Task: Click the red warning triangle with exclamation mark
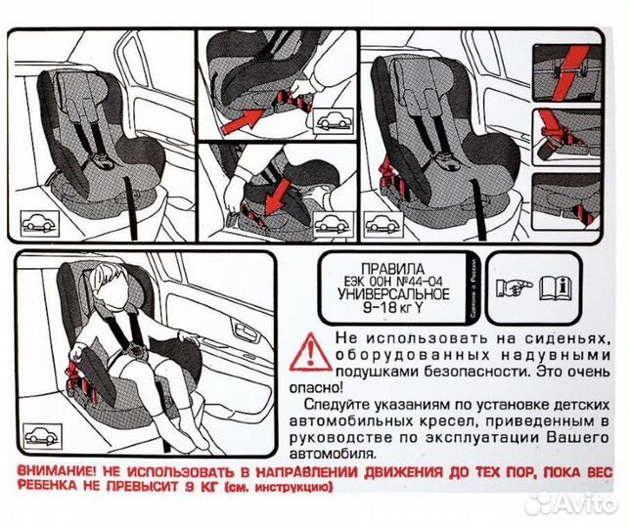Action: pos(310,348)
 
